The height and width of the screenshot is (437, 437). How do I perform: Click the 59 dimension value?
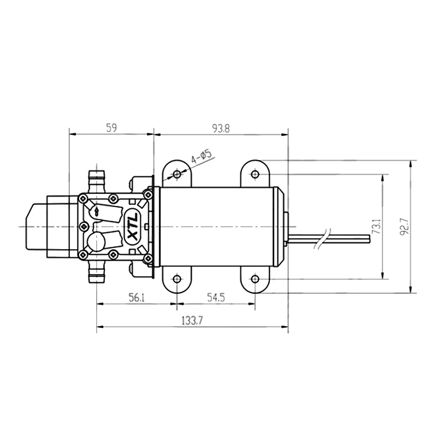[111, 128]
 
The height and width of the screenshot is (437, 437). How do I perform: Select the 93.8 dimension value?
[221, 128]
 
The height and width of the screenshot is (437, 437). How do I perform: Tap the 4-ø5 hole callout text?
[202, 157]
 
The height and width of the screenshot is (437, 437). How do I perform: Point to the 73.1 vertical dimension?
[376, 227]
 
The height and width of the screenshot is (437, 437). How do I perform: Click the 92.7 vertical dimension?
[404, 227]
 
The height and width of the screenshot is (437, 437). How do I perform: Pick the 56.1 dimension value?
[137, 298]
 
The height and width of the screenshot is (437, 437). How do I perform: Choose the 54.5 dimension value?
[216, 298]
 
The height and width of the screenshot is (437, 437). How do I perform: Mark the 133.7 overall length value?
[192, 321]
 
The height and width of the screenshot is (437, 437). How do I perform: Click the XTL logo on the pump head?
[132, 227]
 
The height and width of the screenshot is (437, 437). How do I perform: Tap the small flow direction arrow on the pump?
[97, 211]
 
